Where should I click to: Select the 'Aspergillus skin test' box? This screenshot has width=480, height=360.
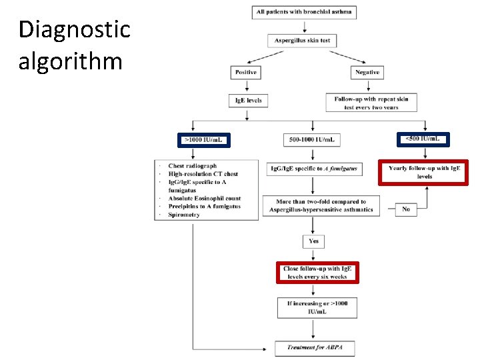[x=302, y=41]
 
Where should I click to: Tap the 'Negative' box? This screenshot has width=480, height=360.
[x=367, y=72]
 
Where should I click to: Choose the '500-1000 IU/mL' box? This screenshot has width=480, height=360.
[x=311, y=140]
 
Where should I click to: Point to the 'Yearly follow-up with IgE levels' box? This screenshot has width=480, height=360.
[x=424, y=172]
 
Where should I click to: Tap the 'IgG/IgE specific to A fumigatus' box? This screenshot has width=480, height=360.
[x=314, y=169]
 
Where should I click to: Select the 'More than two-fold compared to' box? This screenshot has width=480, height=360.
[x=321, y=205]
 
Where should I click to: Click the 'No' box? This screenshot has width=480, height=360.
[x=406, y=209]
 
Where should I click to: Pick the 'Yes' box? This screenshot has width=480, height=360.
[x=313, y=241]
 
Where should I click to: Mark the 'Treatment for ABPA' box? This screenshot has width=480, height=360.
[x=315, y=347]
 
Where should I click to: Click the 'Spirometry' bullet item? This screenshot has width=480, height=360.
[x=184, y=215]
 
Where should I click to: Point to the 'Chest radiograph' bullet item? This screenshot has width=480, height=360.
[x=192, y=166]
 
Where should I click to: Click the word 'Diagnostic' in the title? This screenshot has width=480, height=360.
[x=75, y=30]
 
